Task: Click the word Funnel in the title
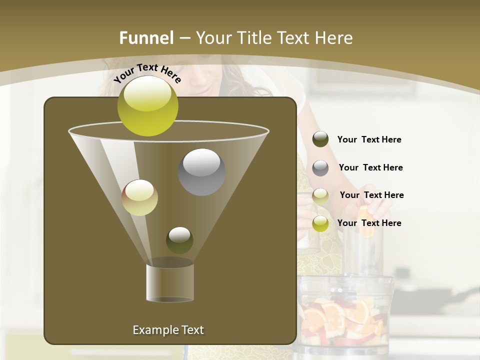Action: [146, 38]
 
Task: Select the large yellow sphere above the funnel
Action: [148, 105]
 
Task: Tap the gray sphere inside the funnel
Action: [201, 172]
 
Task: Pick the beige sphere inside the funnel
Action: [140, 197]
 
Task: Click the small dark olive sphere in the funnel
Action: [179, 240]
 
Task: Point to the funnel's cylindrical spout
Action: [170, 283]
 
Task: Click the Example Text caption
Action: [168, 330]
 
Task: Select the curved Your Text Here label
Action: [147, 73]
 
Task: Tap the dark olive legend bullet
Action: [320, 139]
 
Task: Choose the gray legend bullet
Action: [320, 167]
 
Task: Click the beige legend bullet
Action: [320, 195]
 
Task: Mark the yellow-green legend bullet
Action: [320, 223]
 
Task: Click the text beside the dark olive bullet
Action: [369, 140]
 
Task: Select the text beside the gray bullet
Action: [370, 167]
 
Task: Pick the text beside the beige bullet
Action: [371, 195]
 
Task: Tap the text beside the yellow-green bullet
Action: [369, 223]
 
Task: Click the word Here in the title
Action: [333, 38]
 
